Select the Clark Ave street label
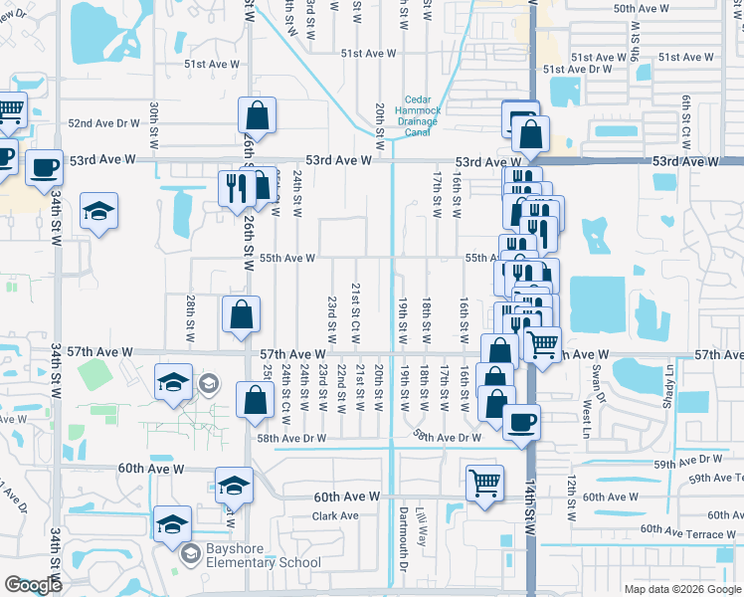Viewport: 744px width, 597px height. click(335, 516)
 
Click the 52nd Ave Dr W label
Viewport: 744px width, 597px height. click(103, 123)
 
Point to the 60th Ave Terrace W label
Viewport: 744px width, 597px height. click(687, 532)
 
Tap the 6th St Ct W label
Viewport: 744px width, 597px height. click(686, 116)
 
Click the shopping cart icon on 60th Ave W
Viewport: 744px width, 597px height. click(484, 484)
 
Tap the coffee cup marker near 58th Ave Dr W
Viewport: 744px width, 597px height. click(520, 423)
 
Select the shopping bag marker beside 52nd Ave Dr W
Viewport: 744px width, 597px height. click(258, 116)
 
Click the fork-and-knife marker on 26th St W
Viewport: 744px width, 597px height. click(237, 187)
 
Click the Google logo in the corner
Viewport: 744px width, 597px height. click(33, 586)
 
